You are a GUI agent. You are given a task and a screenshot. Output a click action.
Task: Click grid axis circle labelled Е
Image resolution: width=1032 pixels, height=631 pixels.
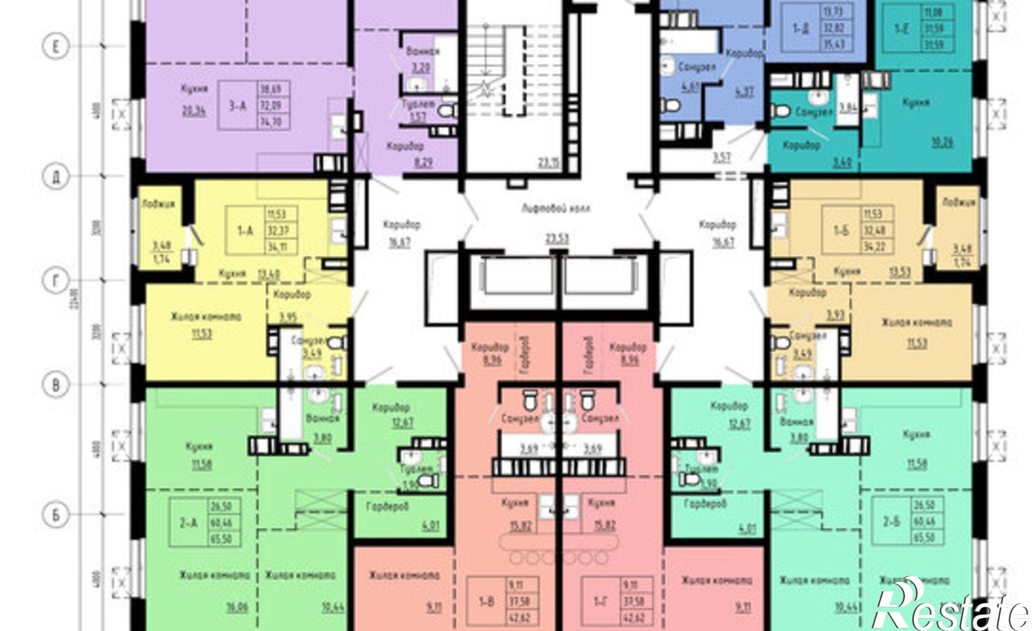[x=55, y=47]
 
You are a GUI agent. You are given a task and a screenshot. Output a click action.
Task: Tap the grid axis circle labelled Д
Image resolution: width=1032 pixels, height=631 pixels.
[x=55, y=177]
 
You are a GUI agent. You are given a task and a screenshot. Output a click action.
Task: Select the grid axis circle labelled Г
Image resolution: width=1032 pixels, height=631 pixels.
[x=55, y=281]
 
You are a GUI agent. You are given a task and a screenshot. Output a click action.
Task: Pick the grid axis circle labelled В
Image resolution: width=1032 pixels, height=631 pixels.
[x=55, y=385]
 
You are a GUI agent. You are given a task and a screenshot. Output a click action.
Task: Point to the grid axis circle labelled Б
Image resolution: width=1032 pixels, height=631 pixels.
[x=55, y=515]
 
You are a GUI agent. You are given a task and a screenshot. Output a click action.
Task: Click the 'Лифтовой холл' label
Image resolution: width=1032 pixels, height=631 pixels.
[x=555, y=209]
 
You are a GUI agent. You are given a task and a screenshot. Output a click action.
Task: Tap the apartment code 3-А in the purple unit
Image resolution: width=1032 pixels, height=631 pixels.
[x=237, y=106]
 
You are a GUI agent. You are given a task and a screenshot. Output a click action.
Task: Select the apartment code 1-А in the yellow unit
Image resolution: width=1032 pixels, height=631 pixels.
[x=246, y=231]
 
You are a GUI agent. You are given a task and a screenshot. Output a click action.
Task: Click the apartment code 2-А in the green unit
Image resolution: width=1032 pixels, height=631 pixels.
[x=188, y=523]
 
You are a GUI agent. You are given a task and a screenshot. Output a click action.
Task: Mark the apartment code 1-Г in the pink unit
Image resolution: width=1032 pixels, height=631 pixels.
[x=601, y=601]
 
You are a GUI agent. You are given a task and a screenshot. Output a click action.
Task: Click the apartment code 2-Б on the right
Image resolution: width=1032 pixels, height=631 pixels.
[x=891, y=522]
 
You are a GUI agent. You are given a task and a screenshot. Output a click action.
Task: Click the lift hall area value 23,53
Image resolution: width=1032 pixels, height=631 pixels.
[x=555, y=238]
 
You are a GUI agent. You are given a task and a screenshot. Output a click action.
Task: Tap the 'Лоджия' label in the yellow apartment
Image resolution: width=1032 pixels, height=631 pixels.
[x=159, y=204]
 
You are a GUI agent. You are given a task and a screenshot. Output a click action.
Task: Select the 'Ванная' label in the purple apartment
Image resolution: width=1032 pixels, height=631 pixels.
[x=423, y=52]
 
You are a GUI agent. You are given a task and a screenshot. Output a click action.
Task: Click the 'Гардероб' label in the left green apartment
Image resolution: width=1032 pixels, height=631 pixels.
[x=388, y=506]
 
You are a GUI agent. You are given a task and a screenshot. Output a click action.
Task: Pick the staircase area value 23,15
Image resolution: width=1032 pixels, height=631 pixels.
[x=549, y=163]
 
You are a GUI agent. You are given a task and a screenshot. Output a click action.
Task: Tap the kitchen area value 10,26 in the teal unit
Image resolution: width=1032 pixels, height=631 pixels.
[x=942, y=141]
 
